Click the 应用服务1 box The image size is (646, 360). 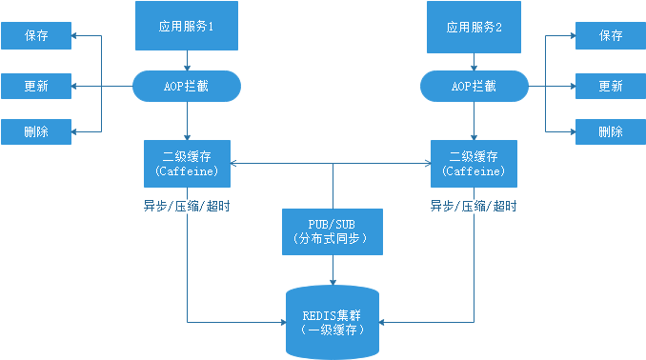[186, 26]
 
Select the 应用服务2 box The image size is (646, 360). [474, 26]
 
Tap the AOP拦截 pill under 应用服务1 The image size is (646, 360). [187, 87]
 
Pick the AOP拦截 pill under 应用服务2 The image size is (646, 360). [474, 87]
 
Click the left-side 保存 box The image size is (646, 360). [36, 36]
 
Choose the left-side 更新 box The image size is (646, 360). [36, 87]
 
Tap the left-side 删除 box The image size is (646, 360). [36, 131]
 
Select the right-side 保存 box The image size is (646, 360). [610, 36]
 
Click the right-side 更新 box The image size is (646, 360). [610, 87]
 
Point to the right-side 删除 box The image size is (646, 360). [610, 131]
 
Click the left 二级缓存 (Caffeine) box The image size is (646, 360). [187, 163]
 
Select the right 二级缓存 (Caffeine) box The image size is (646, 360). [474, 163]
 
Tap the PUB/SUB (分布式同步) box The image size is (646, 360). [332, 231]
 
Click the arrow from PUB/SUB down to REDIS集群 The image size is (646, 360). [332, 270]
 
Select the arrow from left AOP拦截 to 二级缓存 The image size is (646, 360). [187, 121]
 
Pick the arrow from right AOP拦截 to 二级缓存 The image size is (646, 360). [474, 121]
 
